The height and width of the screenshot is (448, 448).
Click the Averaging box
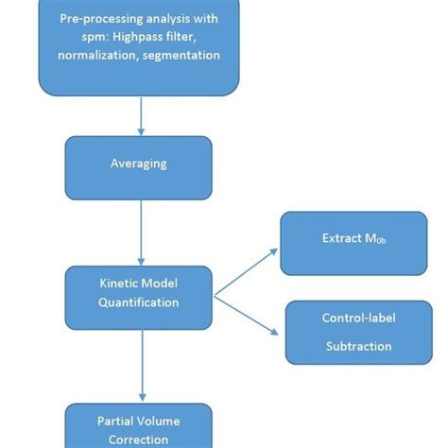click(139, 164)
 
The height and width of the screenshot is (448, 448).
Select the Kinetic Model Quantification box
click(139, 296)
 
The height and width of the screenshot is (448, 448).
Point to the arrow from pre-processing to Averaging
click(140, 113)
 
